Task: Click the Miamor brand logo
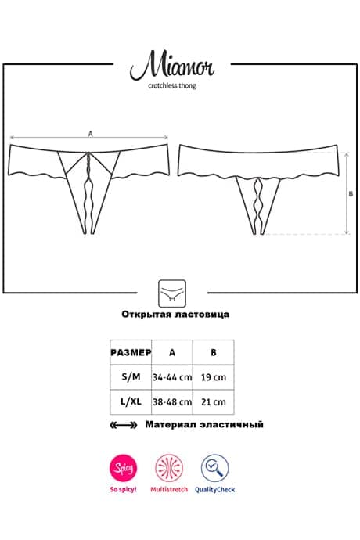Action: point(172,66)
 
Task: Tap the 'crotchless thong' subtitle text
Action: point(172,86)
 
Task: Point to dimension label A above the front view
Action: point(91,134)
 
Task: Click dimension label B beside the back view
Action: point(351,193)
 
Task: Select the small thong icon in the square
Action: point(172,293)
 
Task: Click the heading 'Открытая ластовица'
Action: point(175,314)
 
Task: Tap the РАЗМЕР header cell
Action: point(131,352)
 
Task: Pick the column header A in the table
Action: point(172,352)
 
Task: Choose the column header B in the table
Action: point(214,352)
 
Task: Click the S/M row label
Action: point(131,376)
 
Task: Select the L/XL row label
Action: point(131,401)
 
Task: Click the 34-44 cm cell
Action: point(172,377)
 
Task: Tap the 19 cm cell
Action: point(214,377)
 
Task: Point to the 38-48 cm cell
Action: point(172,402)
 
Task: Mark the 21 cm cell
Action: point(214,402)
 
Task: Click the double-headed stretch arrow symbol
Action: point(124,425)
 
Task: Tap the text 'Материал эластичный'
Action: point(204,424)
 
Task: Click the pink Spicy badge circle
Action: point(124,468)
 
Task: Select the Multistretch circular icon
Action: point(169,468)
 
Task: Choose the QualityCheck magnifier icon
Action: point(215,468)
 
